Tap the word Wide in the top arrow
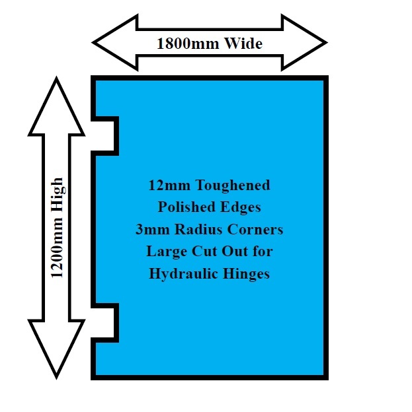coord(241,44)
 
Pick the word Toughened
coord(231,185)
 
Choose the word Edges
coord(241,207)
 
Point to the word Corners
coord(254,229)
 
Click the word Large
coord(164,252)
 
